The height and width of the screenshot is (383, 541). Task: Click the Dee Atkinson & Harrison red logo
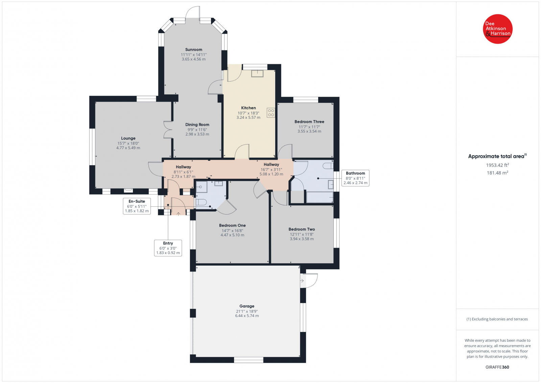click(497, 29)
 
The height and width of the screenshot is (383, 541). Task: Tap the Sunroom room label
click(193, 50)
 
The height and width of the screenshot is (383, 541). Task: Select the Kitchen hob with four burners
click(271, 113)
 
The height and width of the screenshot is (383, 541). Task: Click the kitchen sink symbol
click(257, 73)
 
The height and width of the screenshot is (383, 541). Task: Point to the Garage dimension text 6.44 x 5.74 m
click(247, 316)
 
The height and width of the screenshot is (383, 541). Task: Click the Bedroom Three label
click(309, 122)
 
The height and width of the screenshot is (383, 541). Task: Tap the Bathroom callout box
click(355, 178)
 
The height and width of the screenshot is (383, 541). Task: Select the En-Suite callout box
click(137, 206)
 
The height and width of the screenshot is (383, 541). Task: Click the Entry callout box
click(168, 248)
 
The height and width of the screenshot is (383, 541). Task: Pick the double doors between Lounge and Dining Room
click(168, 130)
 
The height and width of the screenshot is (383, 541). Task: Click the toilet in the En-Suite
click(202, 202)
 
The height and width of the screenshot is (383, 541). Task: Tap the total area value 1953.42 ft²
click(497, 165)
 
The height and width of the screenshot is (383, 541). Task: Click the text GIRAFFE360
click(497, 367)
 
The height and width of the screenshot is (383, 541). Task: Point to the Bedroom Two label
click(302, 229)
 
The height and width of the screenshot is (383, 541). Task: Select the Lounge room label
click(128, 138)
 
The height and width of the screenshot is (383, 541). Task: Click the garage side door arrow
click(302, 281)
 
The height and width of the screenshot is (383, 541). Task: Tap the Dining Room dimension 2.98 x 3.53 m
click(197, 134)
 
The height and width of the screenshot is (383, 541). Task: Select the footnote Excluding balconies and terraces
click(497, 319)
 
